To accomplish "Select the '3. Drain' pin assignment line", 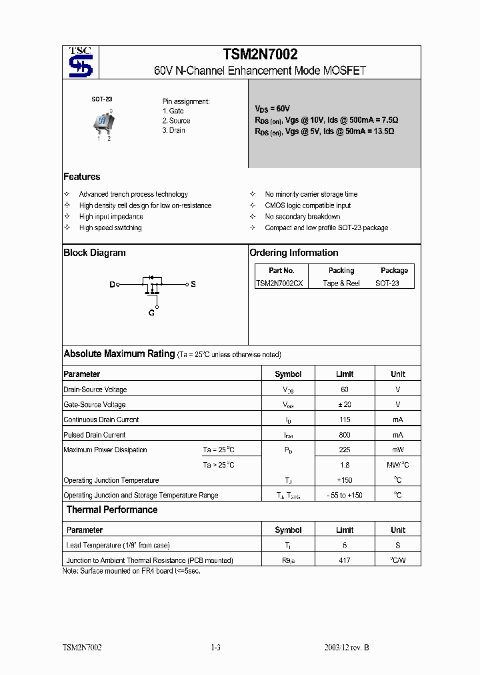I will point(173,130).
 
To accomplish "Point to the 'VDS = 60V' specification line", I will point(272,108).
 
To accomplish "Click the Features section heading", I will point(82,177).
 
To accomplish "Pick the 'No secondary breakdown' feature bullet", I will point(302,217).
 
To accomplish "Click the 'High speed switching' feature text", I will point(110,228).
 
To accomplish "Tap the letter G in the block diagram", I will point(151,313).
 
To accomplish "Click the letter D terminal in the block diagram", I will point(112,285).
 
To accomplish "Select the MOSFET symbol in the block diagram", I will point(153,285).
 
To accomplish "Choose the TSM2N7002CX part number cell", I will point(279,283).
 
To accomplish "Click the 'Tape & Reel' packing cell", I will point(341,283).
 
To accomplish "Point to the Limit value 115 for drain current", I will point(345,420).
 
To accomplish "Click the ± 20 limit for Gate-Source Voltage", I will point(345,405).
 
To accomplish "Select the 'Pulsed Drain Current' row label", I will point(95,435).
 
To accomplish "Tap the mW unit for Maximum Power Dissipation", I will point(397,450).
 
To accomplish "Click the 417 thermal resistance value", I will point(345,561).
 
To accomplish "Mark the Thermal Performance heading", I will point(112,510).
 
